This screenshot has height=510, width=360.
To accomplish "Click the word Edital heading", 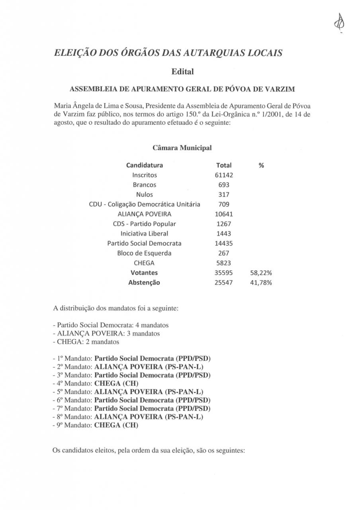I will click(182, 72).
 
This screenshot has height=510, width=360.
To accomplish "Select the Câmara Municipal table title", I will click(182, 148).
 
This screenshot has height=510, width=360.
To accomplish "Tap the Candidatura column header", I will click(145, 165).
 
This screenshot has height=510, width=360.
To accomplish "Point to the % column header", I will click(261, 165).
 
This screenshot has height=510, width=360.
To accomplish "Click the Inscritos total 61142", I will click(224, 175).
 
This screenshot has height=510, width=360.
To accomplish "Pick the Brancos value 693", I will click(224, 185).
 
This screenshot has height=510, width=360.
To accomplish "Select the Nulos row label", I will click(145, 195).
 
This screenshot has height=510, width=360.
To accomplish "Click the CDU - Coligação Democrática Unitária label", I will click(145, 204).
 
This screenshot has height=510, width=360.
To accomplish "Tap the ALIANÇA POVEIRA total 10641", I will click(224, 214).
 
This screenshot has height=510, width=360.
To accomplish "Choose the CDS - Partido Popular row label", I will click(145, 224).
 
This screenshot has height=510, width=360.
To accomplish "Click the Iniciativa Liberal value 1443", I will click(224, 234).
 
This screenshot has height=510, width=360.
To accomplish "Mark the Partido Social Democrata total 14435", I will click(224, 243).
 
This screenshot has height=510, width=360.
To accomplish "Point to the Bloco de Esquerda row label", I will click(145, 253).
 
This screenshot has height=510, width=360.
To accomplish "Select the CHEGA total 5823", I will click(224, 263).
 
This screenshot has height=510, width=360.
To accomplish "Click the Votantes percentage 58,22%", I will click(261, 273).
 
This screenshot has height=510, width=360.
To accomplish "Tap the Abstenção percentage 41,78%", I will click(261, 283).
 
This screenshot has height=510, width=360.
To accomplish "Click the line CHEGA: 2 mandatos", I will click(86, 342).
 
